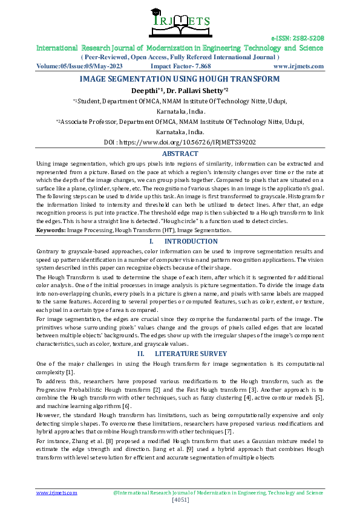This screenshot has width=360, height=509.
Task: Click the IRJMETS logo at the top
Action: tap(180, 22)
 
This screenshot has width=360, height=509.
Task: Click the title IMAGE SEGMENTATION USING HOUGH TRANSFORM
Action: tap(180, 79)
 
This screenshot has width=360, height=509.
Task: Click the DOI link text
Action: tap(180, 143)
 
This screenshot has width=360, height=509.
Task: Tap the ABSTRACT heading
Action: tap(180, 154)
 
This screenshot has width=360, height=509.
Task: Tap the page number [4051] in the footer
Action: tap(180, 500)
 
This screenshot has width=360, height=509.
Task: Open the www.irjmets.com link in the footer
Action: tap(57, 493)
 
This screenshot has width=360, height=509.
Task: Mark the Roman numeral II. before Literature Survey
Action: tap(141, 353)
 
